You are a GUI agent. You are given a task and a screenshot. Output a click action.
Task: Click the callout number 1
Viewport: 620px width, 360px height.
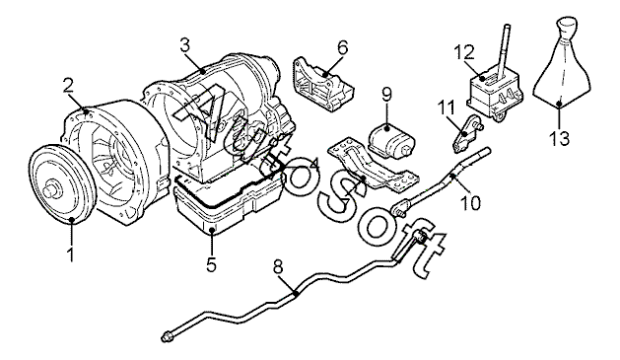click(x=71, y=254)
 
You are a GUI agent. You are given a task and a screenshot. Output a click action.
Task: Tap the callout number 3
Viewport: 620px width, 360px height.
click(x=184, y=45)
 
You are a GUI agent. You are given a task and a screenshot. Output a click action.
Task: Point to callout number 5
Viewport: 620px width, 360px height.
click(x=212, y=264)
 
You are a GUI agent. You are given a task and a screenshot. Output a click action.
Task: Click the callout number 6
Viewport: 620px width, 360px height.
click(x=343, y=47)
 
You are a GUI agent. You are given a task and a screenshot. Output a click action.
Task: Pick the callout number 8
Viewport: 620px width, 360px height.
click(x=278, y=267)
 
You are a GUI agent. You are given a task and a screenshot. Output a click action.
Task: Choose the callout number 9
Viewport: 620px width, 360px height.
click(x=386, y=94)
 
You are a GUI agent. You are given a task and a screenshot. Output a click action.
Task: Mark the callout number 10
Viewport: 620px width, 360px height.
click(x=471, y=202)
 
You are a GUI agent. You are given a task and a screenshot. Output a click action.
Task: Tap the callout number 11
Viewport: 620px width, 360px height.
click(x=446, y=108)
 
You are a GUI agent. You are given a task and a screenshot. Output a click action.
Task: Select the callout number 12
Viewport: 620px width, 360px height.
click(x=464, y=52)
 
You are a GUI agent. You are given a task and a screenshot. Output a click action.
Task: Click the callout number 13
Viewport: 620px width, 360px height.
click(x=559, y=138)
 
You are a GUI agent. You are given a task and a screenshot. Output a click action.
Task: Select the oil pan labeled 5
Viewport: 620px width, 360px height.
click(x=230, y=206)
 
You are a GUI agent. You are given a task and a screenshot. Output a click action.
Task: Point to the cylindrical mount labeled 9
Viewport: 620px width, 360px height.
click(x=392, y=141)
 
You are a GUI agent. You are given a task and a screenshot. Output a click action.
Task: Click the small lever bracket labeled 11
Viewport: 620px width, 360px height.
click(x=466, y=133)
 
